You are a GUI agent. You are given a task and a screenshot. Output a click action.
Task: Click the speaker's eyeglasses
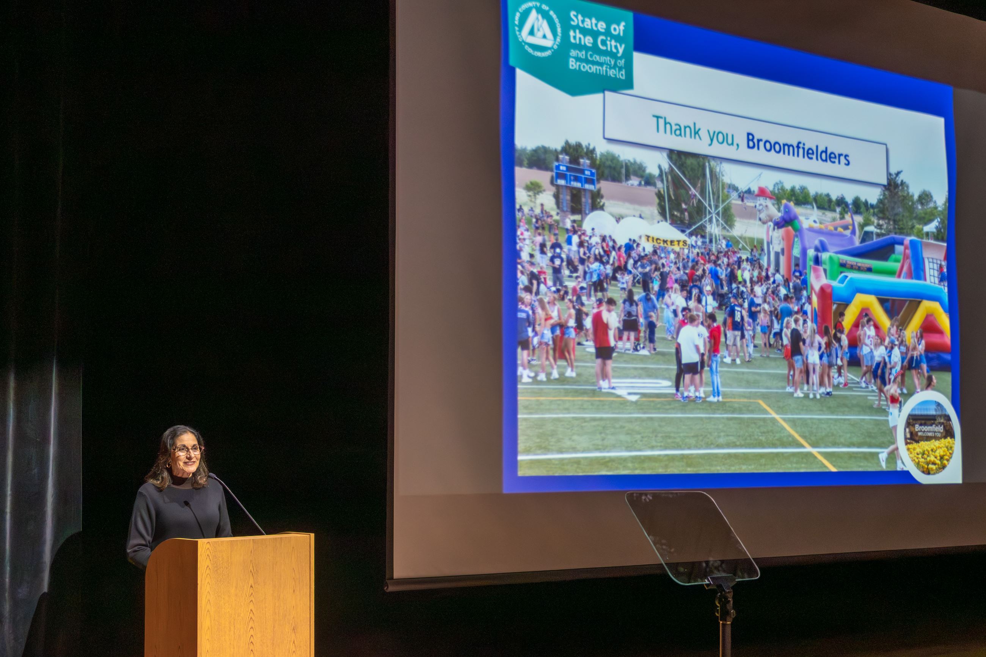(x=187, y=450)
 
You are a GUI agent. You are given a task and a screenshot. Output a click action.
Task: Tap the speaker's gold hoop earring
(x=169, y=465)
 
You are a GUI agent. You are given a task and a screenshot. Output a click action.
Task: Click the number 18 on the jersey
(x=737, y=313)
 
